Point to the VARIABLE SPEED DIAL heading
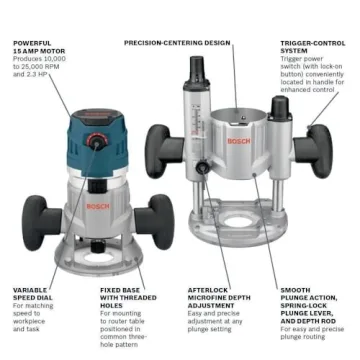[32, 295]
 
